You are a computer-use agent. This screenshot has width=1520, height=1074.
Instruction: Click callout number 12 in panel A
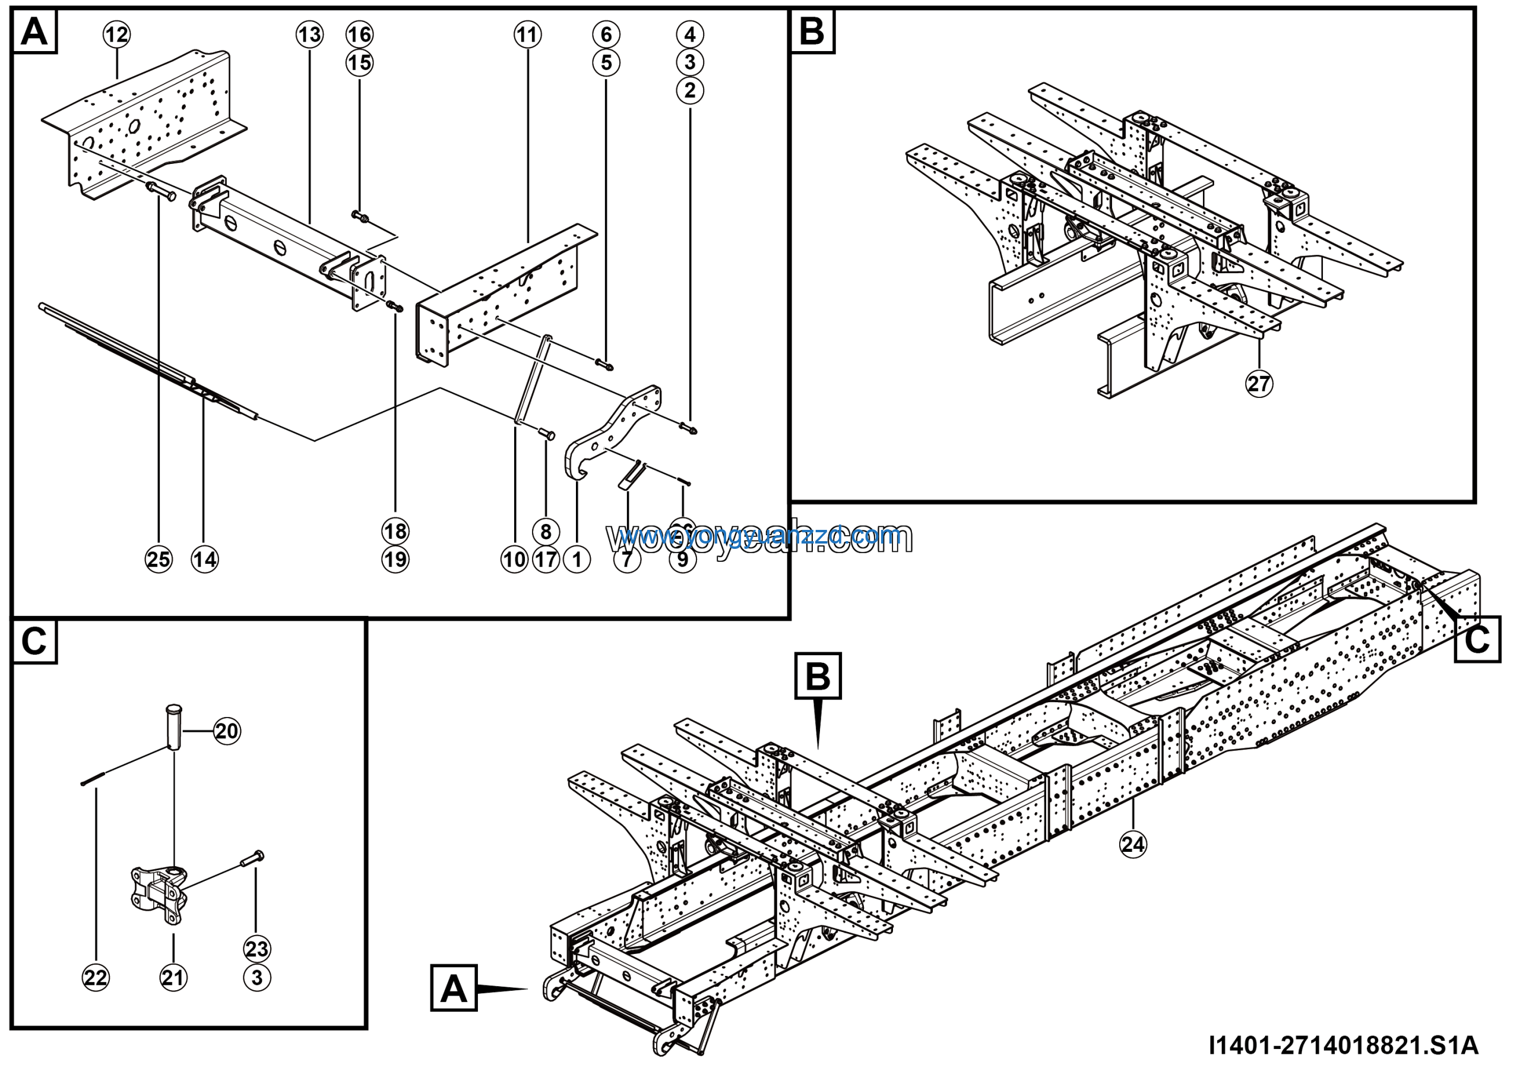tap(116, 34)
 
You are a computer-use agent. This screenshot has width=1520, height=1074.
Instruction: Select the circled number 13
tap(309, 34)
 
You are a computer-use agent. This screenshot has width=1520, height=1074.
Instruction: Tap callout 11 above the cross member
tap(528, 34)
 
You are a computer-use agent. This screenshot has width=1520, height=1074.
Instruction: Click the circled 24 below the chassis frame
tap(1133, 844)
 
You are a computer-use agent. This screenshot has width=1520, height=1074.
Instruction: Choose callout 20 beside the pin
tap(227, 731)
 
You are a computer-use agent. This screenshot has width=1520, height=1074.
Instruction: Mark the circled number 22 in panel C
tap(96, 977)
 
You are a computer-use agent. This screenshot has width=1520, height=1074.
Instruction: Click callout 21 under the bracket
tap(173, 977)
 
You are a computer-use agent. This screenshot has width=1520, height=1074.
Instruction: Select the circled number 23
tap(257, 949)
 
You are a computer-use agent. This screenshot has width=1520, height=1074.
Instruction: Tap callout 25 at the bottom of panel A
tap(159, 560)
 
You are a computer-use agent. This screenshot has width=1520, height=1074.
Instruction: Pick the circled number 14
tap(205, 560)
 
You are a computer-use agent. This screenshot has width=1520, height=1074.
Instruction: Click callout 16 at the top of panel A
tap(359, 34)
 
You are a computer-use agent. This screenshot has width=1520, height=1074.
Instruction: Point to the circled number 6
tap(606, 34)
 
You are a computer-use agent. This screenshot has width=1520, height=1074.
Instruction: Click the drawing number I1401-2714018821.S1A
tap(1343, 1045)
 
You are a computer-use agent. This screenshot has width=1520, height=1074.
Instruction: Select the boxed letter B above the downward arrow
tap(818, 677)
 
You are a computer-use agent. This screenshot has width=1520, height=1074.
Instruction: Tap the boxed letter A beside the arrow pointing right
tap(454, 988)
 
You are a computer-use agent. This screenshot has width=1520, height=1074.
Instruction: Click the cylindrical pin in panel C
tap(173, 726)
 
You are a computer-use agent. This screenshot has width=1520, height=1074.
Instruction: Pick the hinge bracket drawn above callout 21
tap(160, 894)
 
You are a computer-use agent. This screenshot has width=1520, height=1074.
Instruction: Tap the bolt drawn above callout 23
tap(252, 860)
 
